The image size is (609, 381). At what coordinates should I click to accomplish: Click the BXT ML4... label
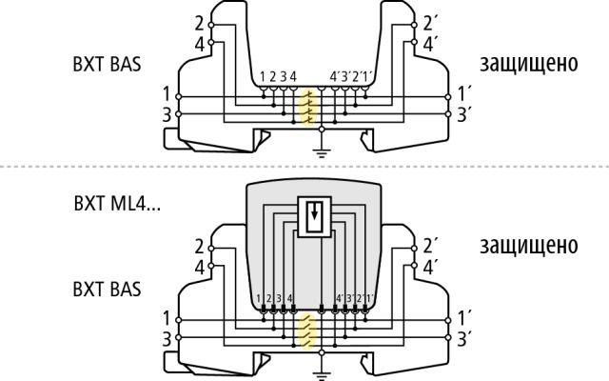(x=117, y=203)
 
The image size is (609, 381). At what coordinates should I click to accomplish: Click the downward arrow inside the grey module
(x=314, y=211)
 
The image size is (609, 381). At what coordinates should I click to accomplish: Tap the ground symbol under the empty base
(x=322, y=153)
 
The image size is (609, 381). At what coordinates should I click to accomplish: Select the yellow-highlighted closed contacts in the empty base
(x=308, y=108)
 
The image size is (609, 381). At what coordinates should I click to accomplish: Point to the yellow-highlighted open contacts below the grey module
(x=307, y=331)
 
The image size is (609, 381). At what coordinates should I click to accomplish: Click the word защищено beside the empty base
(x=529, y=64)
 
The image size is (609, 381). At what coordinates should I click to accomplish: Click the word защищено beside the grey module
(x=529, y=246)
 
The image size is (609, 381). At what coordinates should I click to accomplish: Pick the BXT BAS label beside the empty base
(x=107, y=64)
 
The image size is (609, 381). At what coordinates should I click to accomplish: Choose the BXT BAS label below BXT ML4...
(x=107, y=290)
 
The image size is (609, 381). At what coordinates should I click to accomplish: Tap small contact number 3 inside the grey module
(x=279, y=298)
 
